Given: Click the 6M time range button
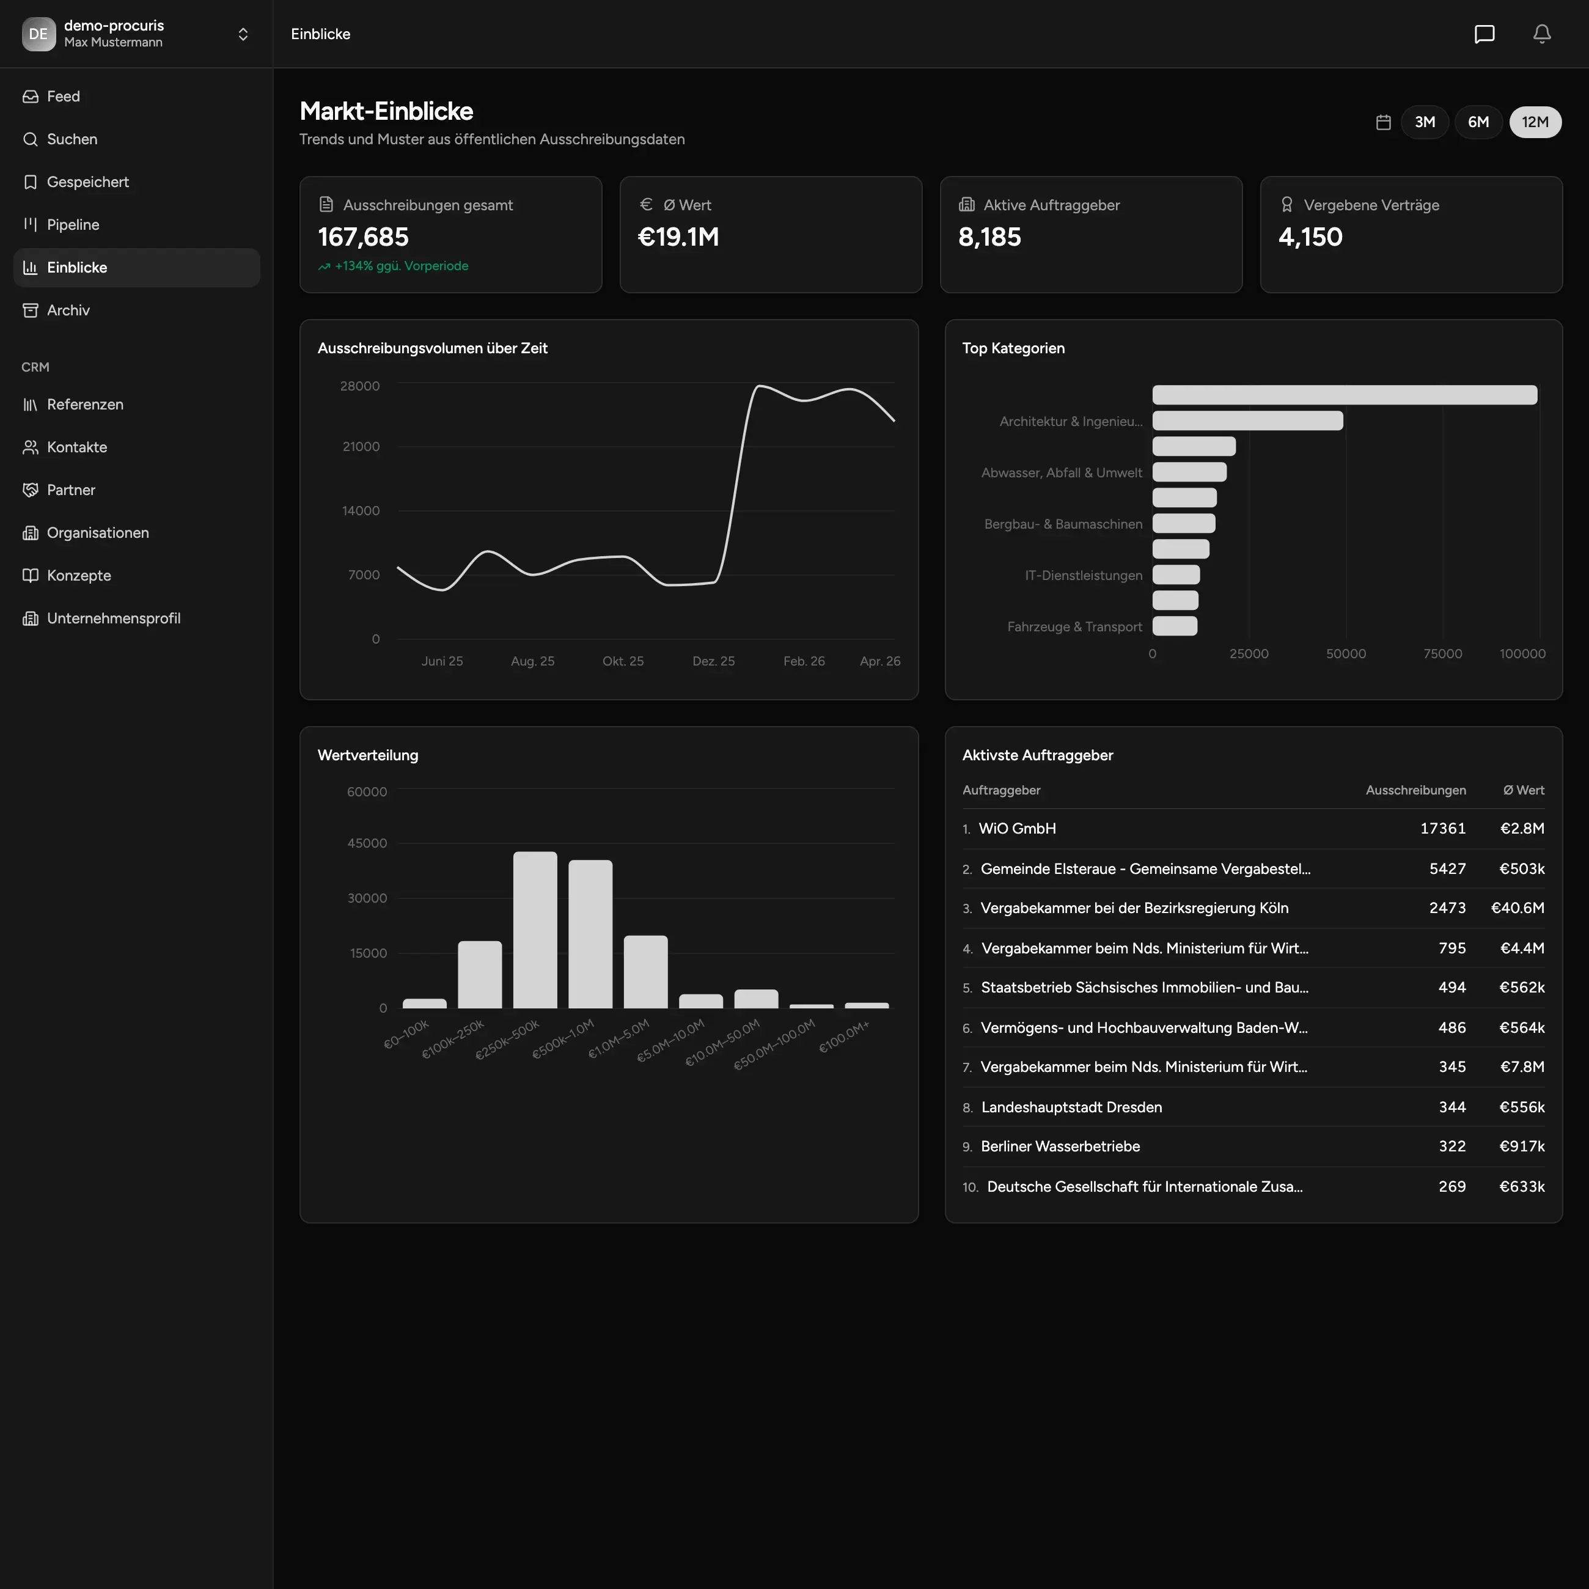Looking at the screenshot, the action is pos(1478,122).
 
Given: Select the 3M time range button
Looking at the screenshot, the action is pos(1425,122).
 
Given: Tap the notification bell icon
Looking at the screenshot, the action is pos(1542,34).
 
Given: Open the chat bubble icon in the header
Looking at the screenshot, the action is pos(1484,34).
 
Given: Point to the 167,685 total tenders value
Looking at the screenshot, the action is pos(362,237).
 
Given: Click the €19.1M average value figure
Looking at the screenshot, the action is pos(678,237).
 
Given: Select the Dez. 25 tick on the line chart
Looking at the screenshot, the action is pos(713,661).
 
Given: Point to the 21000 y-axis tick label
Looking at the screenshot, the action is pos(361,447).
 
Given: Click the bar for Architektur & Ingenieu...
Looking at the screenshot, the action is pos(1248,421).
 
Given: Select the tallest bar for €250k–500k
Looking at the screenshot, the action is pos(535,930).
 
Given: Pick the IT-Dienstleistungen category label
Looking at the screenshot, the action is pos(1083,576).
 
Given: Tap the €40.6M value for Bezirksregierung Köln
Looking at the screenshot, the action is pos(1517,908).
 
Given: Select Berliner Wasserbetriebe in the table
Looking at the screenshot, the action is pos(1060,1147).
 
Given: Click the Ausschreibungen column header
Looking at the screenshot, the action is pos(1415,790).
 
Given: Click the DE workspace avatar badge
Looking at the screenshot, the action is pos(39,34).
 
